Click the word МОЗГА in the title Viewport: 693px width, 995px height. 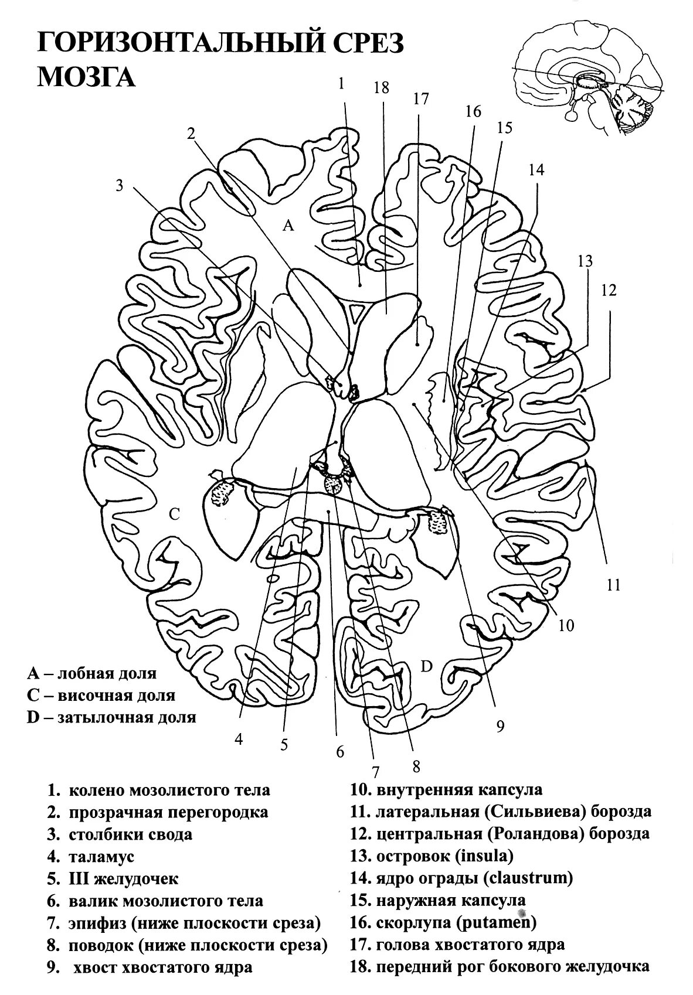point(86,77)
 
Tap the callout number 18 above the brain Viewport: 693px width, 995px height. point(381,88)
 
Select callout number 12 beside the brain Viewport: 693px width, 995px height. point(609,290)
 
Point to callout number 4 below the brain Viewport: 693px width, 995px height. point(239,740)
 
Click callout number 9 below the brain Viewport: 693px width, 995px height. point(500,727)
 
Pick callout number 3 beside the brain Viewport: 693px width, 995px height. point(120,185)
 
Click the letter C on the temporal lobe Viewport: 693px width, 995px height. point(174,514)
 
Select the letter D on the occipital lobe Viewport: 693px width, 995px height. point(427,666)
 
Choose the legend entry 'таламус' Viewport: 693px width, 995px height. point(102,857)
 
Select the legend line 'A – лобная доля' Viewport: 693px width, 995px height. point(92,673)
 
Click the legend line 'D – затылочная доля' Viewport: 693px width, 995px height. point(111,717)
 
